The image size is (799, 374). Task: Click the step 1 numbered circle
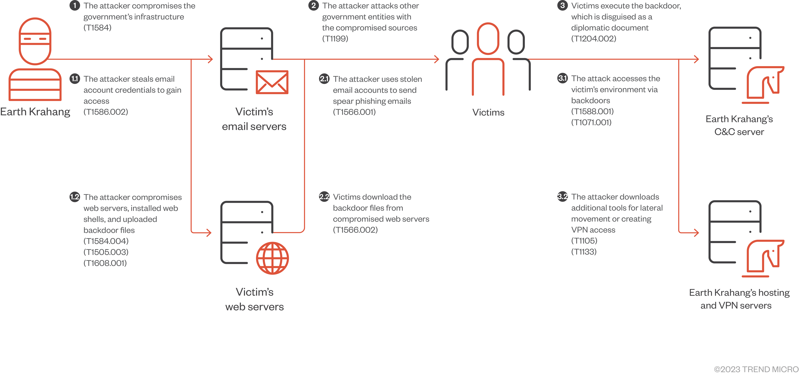click(74, 6)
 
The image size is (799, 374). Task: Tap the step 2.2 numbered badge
click(324, 197)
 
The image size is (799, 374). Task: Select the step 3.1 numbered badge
click(562, 78)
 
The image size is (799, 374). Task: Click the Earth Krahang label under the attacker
click(35, 112)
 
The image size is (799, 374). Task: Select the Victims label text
click(488, 112)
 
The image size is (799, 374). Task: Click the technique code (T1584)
click(97, 28)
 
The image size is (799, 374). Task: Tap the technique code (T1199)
click(335, 39)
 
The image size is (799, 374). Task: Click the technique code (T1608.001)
click(105, 263)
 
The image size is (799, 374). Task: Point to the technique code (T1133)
click(584, 251)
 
